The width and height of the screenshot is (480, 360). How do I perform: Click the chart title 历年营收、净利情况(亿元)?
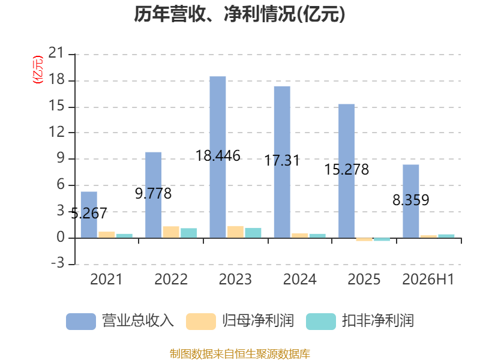click(x=239, y=14)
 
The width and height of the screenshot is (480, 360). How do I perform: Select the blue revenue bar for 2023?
click(x=218, y=157)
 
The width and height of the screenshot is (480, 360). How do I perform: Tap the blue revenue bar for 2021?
click(x=89, y=215)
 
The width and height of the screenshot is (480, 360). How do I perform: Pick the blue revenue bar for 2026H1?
click(x=411, y=201)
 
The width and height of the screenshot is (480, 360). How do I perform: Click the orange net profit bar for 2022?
click(x=171, y=232)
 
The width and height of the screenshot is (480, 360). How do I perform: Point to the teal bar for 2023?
click(x=253, y=233)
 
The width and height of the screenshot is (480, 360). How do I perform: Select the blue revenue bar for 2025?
click(x=347, y=171)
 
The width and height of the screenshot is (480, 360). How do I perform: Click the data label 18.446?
click(x=218, y=156)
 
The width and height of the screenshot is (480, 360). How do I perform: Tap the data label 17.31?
click(x=282, y=161)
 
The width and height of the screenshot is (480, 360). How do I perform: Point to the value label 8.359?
click(x=411, y=200)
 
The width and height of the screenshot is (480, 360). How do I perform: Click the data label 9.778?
click(x=154, y=193)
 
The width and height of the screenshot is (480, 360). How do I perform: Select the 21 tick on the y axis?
click(x=56, y=53)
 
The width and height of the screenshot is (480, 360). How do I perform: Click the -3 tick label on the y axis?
click(x=58, y=263)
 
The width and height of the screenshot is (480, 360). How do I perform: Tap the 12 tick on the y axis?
click(x=56, y=132)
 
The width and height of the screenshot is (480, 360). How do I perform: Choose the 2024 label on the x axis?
click(x=299, y=279)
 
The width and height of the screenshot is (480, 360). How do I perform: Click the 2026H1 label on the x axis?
click(x=428, y=279)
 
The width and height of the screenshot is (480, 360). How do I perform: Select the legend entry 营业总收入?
click(x=120, y=321)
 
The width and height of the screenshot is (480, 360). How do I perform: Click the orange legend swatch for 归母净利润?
click(x=201, y=322)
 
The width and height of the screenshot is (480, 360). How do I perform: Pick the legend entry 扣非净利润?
click(x=360, y=321)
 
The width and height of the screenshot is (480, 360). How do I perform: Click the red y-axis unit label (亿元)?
click(x=38, y=70)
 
